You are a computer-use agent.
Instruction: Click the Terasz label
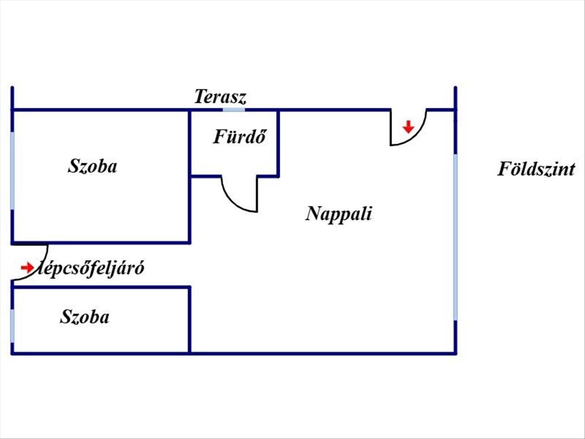220,97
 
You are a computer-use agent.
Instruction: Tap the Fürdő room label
239,137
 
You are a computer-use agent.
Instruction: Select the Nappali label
338,214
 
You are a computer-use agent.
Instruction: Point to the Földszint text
536,169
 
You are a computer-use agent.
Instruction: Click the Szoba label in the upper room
93,166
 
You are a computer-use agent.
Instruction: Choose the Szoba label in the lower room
84,317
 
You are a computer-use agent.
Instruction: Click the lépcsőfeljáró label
91,268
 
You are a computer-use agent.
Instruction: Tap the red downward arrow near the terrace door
409,127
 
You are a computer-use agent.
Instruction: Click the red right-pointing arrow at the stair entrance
27,267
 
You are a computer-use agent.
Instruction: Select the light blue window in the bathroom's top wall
234,110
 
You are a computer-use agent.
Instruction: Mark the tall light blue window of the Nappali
455,237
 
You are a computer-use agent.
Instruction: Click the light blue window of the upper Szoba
12,171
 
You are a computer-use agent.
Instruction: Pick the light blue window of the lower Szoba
12,326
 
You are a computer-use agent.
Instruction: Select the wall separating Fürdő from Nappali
278,143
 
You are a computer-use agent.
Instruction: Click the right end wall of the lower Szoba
190,320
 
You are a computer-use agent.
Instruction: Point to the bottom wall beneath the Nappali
323,354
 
